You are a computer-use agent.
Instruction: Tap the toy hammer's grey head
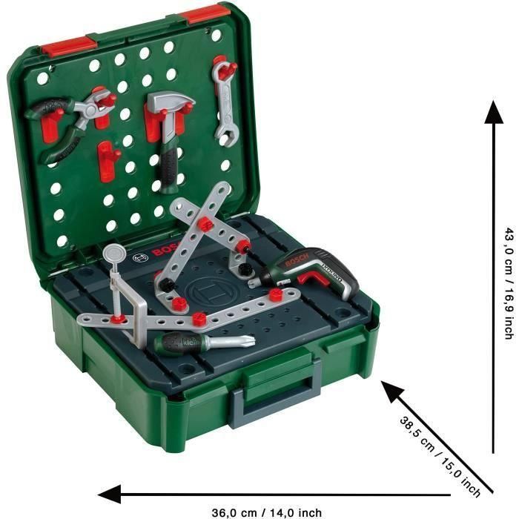(171, 104)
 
